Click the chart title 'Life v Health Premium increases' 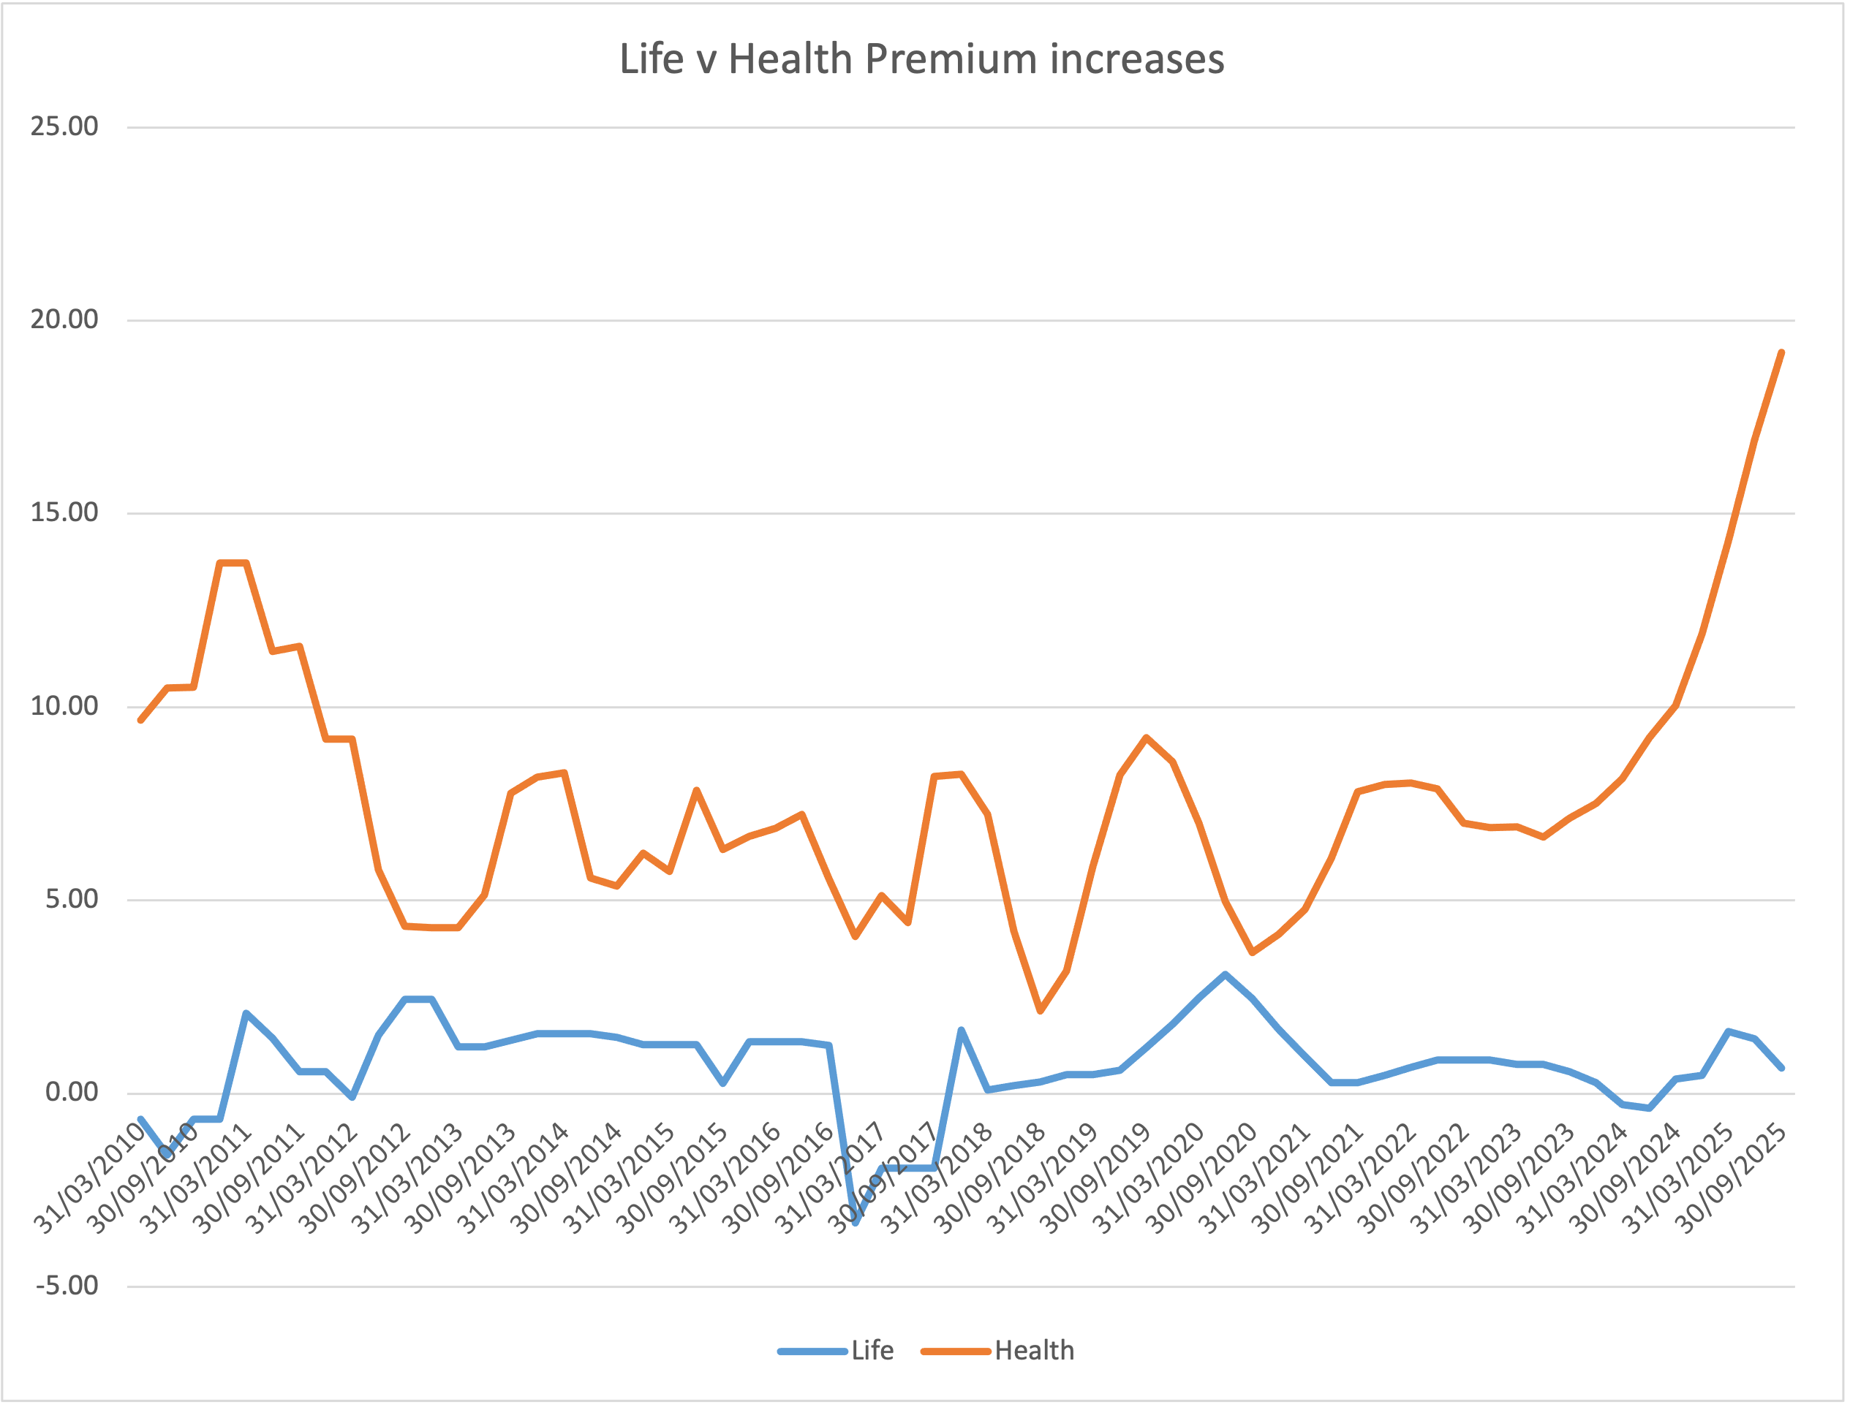pyautogui.click(x=921, y=59)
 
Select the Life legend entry pyautogui.click(x=872, y=1351)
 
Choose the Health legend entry pyautogui.click(x=1033, y=1351)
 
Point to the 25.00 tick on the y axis pyautogui.click(x=64, y=126)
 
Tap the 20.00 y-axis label pyautogui.click(x=64, y=319)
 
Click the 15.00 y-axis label pyautogui.click(x=64, y=512)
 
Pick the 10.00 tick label pyautogui.click(x=64, y=706)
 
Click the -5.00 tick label pyautogui.click(x=67, y=1286)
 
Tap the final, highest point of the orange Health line pyautogui.click(x=1781, y=352)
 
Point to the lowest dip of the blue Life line pyautogui.click(x=856, y=1223)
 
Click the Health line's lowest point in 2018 pyautogui.click(x=1041, y=1011)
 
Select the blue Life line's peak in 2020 pyautogui.click(x=1225, y=974)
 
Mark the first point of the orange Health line pyautogui.click(x=140, y=720)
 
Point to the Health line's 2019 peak pyautogui.click(x=1147, y=737)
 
